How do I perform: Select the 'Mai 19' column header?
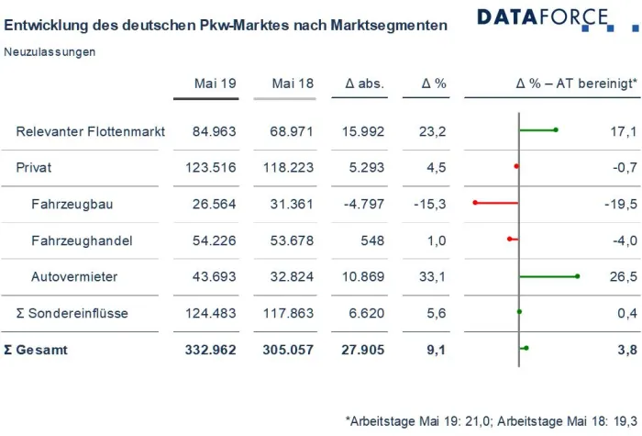point(216,84)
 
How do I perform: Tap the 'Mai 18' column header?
point(293,84)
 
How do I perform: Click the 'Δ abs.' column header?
point(364,84)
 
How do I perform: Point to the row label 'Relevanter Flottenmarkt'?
point(91,132)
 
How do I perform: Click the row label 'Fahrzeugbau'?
point(72,204)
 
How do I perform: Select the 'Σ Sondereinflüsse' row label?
point(72,313)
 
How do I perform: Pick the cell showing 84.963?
point(215,132)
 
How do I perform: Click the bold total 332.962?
point(215,350)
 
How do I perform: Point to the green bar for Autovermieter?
point(548,275)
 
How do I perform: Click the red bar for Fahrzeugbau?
point(496,202)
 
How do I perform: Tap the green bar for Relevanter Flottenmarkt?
point(537,130)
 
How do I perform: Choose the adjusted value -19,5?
point(619,204)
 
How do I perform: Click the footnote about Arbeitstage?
point(491,420)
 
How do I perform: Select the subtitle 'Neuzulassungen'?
point(50,52)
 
